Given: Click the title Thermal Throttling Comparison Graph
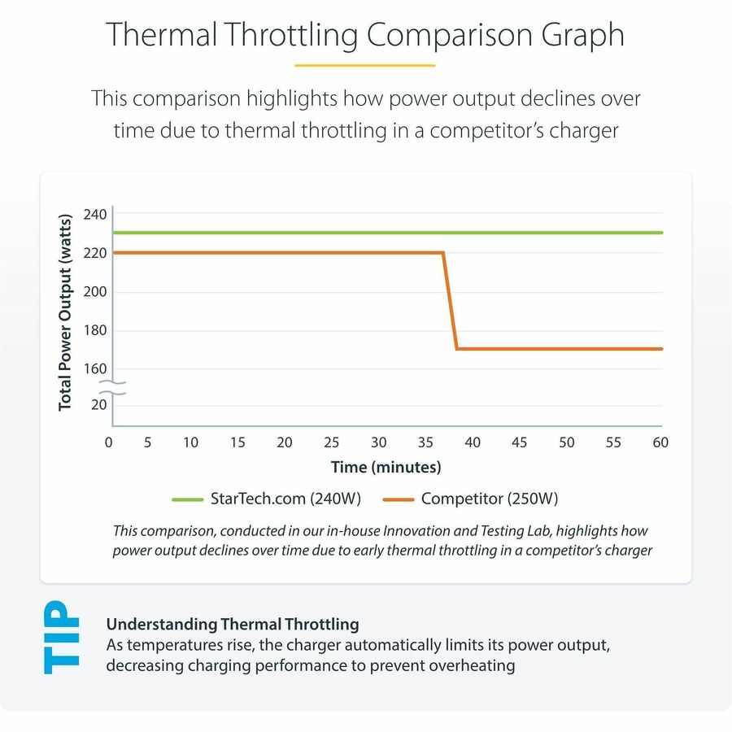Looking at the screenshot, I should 365,35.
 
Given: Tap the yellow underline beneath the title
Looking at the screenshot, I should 365,65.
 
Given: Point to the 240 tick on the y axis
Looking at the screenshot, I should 95,214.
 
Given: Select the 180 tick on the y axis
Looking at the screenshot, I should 95,330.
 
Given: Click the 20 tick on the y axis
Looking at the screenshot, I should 98,404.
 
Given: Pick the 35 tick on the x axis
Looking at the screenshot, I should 425,442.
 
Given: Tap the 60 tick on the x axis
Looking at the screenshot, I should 660,442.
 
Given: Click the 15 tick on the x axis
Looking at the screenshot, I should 237,442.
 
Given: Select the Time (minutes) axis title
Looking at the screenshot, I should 386,467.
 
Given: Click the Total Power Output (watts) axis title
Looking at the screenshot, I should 66,309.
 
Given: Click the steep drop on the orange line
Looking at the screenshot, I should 450,301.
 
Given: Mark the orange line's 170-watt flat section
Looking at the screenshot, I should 561,349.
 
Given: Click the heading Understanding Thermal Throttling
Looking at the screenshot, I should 233,625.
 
